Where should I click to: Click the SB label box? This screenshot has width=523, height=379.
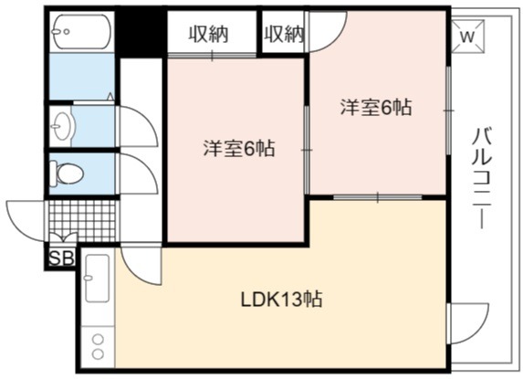(61, 258)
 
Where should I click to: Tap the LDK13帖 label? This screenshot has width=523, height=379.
(281, 300)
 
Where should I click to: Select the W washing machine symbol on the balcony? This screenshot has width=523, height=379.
(467, 36)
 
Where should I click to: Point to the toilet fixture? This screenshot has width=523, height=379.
(66, 174)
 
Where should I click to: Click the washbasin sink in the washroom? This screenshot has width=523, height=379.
(62, 126)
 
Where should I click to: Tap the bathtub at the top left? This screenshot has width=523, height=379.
(82, 32)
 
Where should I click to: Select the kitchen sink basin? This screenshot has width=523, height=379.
(97, 278)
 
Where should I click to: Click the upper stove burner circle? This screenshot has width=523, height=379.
(98, 340)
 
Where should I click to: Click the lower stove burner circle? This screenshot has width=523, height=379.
(98, 354)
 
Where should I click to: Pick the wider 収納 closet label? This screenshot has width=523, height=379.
(209, 34)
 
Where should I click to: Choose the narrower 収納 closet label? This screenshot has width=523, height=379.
(284, 34)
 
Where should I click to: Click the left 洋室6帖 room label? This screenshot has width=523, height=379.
(239, 149)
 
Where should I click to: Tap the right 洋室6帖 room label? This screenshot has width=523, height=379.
(376, 108)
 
